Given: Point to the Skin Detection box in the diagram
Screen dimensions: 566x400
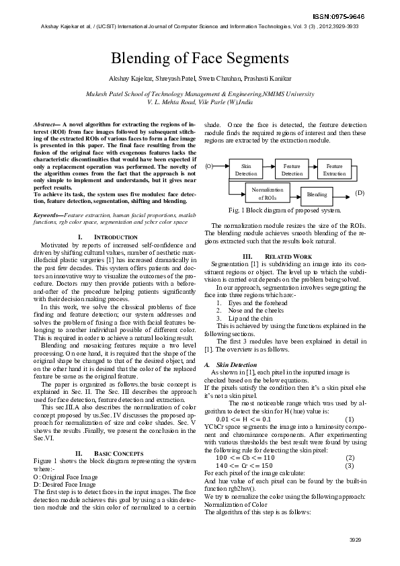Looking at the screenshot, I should click(246, 169).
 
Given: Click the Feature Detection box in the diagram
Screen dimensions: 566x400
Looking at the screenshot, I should click(292, 169).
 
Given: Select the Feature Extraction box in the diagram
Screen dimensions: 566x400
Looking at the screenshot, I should click(334, 169).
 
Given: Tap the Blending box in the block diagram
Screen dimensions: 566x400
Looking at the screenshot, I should click(317, 194).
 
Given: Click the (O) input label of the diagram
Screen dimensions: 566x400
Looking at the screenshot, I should click(209, 165).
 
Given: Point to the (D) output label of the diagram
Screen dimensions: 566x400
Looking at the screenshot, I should click(360, 194).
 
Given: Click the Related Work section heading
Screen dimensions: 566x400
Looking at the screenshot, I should click(287, 256).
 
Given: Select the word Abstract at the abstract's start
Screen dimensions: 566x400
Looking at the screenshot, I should click(47, 125).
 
